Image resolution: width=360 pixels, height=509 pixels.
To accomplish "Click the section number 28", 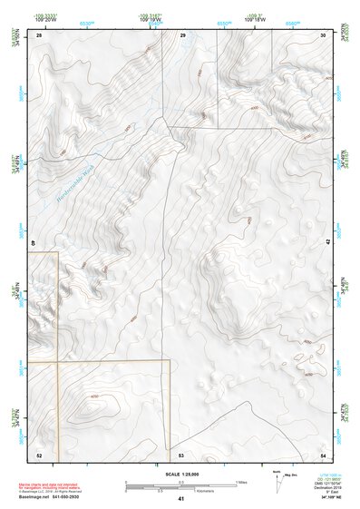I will click(x=39, y=34).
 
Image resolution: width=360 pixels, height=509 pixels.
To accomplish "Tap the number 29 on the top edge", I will click(x=182, y=34).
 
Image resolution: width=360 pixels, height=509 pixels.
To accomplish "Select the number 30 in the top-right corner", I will click(x=324, y=34).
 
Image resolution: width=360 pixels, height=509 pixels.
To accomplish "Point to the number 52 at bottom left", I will click(x=39, y=455).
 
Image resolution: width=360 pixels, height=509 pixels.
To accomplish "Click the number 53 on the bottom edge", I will click(x=181, y=455).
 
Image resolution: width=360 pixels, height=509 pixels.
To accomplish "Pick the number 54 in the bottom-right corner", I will click(x=324, y=455).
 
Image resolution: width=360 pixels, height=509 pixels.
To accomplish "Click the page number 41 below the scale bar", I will click(x=181, y=499).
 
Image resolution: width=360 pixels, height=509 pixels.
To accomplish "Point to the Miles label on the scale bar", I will click(x=240, y=481).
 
